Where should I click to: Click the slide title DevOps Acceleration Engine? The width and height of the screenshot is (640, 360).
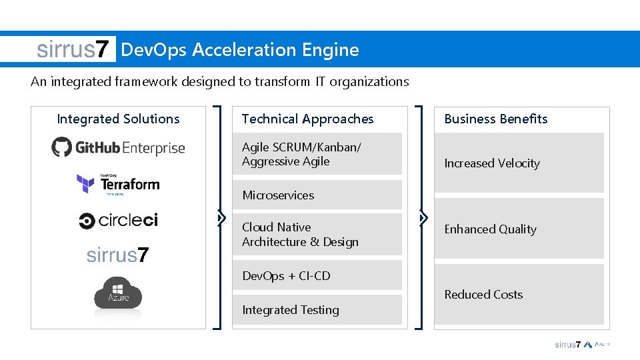pyautogui.click(x=240, y=50)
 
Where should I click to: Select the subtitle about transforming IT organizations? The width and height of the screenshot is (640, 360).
pyautogui.click(x=219, y=81)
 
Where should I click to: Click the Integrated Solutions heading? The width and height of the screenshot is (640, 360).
pyautogui.click(x=118, y=119)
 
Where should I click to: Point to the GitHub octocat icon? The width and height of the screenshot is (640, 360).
pyautogui.click(x=61, y=147)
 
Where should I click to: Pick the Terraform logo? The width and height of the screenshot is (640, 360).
pyautogui.click(x=118, y=183)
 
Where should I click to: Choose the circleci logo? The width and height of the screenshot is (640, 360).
pyautogui.click(x=118, y=221)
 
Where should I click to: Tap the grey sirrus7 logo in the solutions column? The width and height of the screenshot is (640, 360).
pyautogui.click(x=118, y=255)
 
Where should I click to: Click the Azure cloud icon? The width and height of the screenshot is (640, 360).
pyautogui.click(x=118, y=293)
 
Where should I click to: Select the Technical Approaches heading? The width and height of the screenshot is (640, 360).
pyautogui.click(x=307, y=119)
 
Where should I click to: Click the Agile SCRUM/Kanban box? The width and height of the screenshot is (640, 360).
pyautogui.click(x=317, y=154)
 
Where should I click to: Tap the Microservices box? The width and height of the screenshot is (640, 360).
pyautogui.click(x=317, y=195)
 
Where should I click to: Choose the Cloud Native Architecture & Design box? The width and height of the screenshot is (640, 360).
pyautogui.click(x=317, y=235)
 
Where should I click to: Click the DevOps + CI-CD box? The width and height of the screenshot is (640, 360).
pyautogui.click(x=317, y=275)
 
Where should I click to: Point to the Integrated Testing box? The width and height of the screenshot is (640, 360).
pyautogui.click(x=317, y=310)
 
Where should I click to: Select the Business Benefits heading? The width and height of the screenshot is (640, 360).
pyautogui.click(x=495, y=119)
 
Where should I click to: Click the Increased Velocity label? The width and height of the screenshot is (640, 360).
pyautogui.click(x=492, y=163)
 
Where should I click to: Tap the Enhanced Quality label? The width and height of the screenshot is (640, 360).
pyautogui.click(x=490, y=229)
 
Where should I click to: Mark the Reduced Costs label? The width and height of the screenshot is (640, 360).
pyautogui.click(x=483, y=295)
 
